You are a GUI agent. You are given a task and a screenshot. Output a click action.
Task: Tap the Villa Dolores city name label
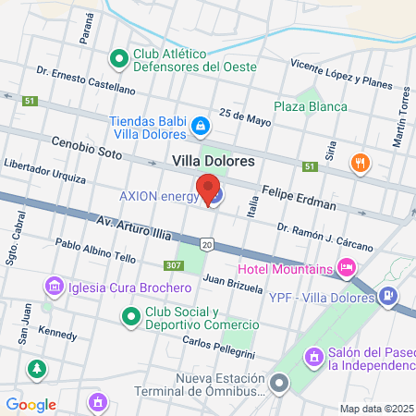click(x=214, y=161)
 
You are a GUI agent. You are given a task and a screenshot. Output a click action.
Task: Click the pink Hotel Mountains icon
click(x=347, y=269)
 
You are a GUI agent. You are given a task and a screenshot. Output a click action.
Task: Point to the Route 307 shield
click(x=174, y=264)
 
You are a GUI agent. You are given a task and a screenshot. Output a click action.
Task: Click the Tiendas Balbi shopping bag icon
click(x=200, y=123)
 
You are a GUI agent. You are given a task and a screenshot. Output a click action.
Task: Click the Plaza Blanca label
click(x=310, y=106)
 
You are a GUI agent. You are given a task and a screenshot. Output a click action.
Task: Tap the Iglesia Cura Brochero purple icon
click(x=53, y=287)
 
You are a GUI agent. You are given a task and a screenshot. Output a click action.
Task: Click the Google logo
click(x=31, y=404)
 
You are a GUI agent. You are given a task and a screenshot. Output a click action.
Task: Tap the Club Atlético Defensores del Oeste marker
click(x=118, y=59)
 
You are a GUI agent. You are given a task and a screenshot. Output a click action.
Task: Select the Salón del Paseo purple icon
click(x=314, y=355)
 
